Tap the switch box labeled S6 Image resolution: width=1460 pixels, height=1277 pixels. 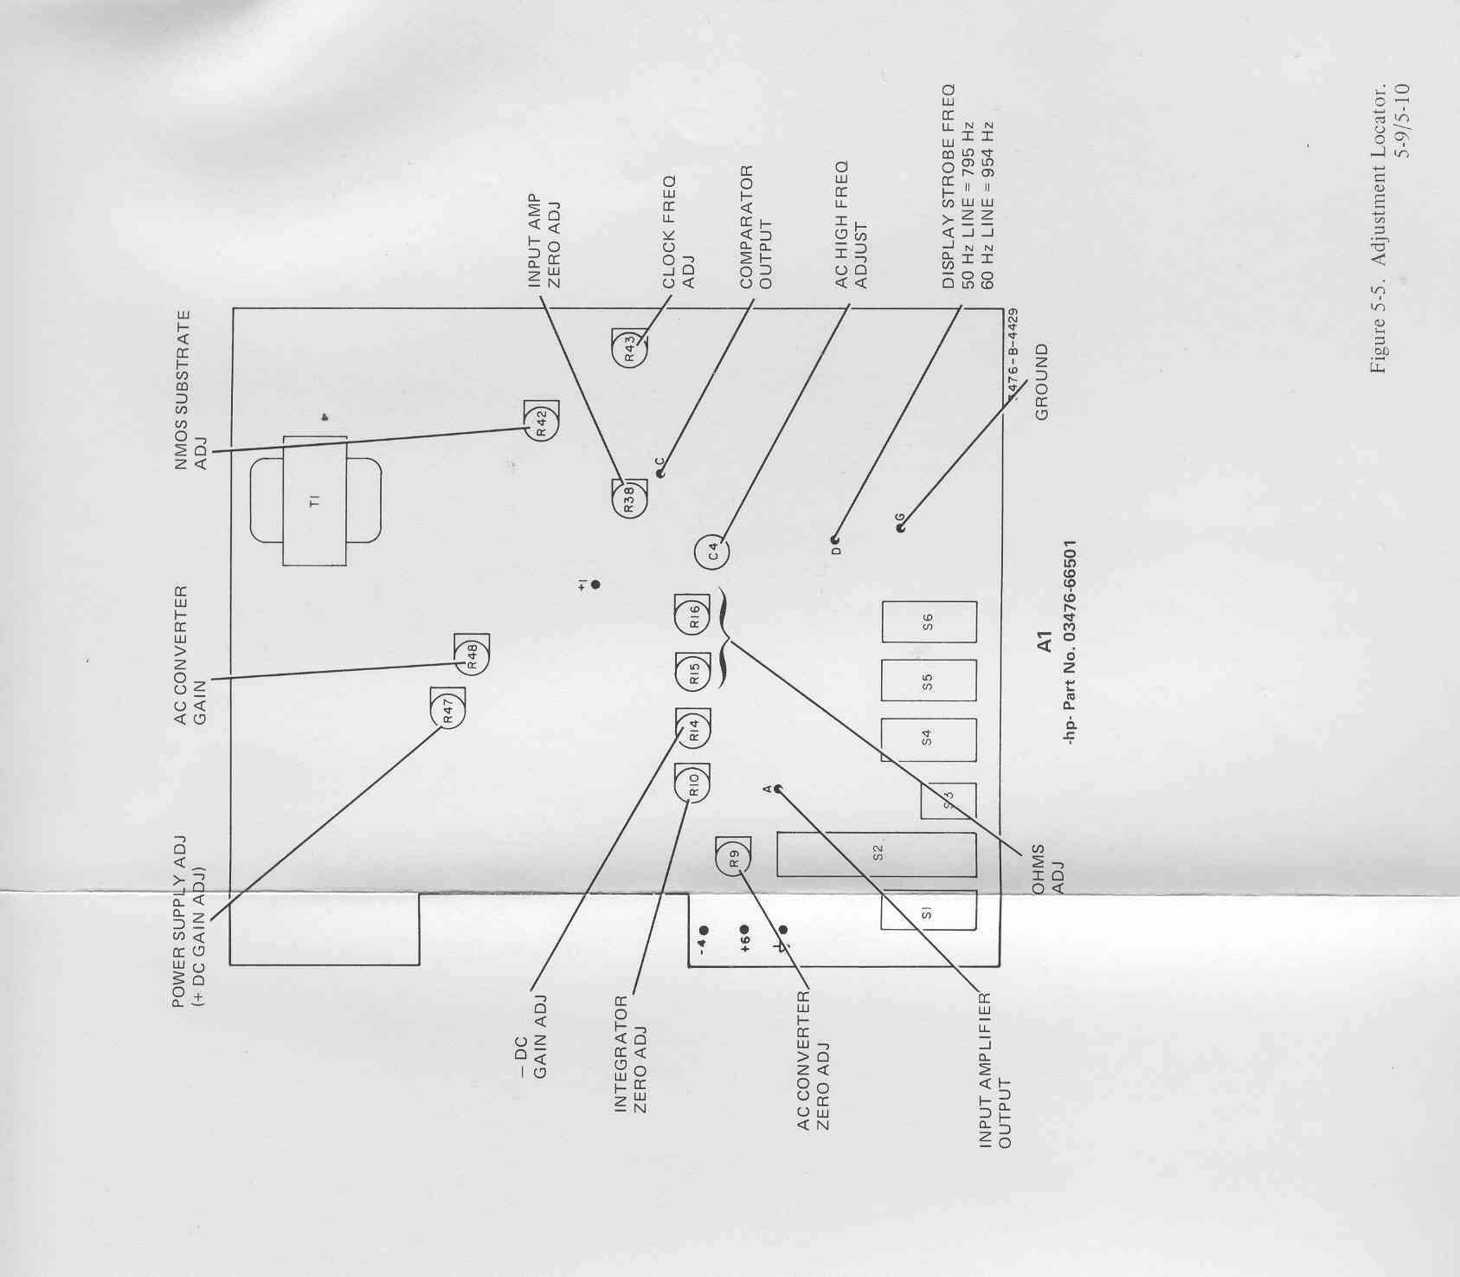click(x=929, y=622)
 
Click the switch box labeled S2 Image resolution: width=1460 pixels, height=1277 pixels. click(x=876, y=855)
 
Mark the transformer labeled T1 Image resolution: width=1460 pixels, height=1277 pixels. click(x=315, y=500)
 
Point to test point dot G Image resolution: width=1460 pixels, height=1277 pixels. click(x=901, y=528)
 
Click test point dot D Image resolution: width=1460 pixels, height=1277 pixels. click(x=835, y=539)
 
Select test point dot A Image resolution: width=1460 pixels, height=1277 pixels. click(x=777, y=789)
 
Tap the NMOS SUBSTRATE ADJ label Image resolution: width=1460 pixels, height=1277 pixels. click(x=191, y=390)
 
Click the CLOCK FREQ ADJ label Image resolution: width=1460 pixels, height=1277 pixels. click(x=679, y=231)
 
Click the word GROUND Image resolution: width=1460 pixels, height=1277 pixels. click(x=1041, y=382)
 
